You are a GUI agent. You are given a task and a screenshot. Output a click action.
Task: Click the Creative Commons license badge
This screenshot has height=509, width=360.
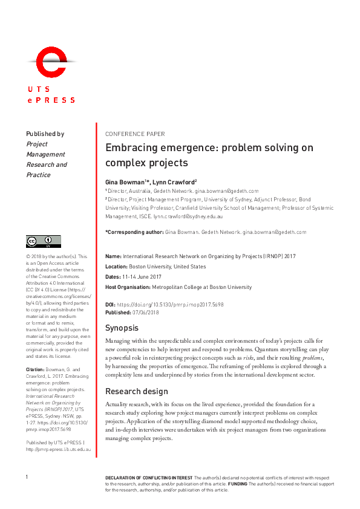pos(44,241)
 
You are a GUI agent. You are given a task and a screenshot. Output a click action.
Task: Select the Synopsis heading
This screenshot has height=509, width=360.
pos(122,328)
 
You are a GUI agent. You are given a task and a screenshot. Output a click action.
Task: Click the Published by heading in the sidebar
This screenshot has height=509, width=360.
pos(45,134)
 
